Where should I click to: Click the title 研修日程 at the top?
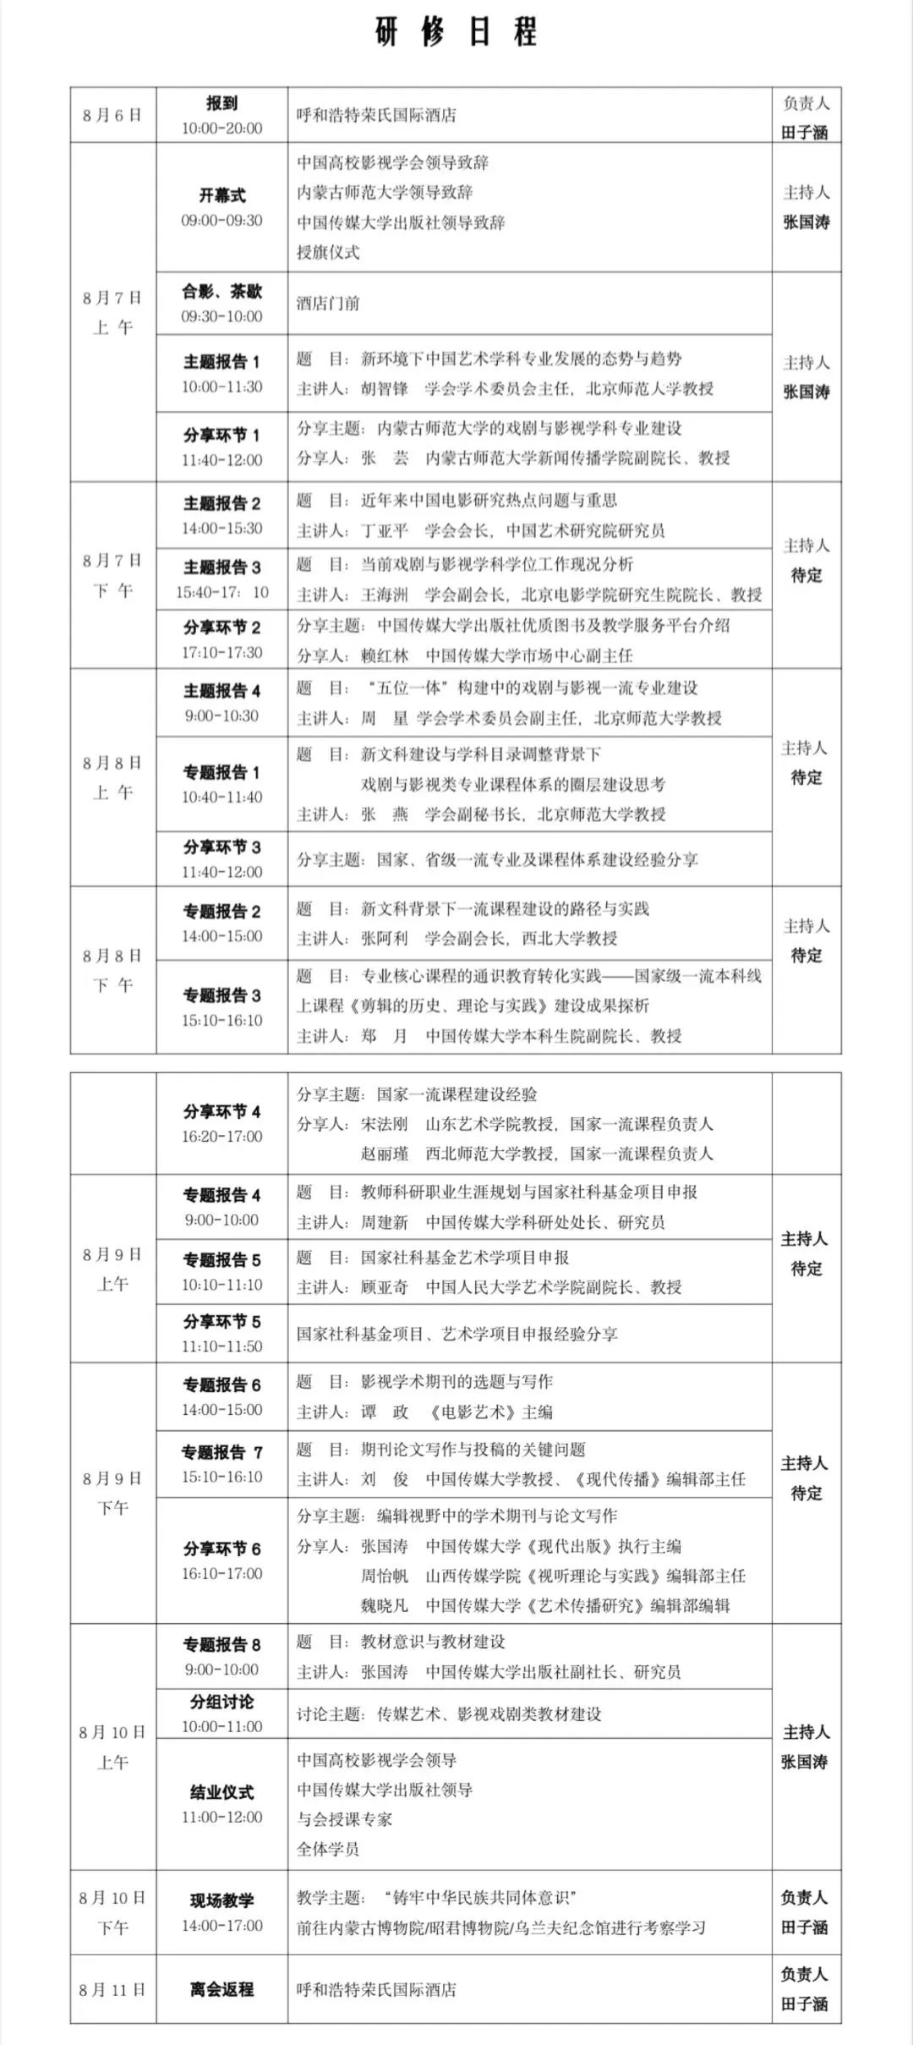coord(456,33)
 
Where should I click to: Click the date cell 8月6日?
coord(112,115)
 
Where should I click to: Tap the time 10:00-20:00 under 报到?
coord(221,129)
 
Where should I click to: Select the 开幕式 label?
coord(221,195)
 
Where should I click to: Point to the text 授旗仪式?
coord(328,252)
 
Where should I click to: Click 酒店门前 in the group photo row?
coord(328,303)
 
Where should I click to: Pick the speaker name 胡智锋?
coord(385,388)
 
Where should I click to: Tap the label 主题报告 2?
coord(221,503)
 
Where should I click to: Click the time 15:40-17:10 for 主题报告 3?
coord(221,592)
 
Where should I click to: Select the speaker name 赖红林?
coord(385,655)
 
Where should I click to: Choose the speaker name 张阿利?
coord(385,938)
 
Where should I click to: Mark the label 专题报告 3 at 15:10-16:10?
coord(221,995)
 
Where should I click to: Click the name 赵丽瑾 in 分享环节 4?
coord(385,1154)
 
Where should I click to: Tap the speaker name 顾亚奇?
coord(385,1286)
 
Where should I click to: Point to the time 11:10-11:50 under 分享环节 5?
coord(221,1346)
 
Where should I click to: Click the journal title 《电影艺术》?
coord(467,1412)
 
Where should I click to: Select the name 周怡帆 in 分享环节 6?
coord(385,1576)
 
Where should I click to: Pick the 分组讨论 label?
coord(221,1702)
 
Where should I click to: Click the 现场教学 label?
coord(221,1900)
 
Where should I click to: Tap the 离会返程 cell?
coord(221,1989)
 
